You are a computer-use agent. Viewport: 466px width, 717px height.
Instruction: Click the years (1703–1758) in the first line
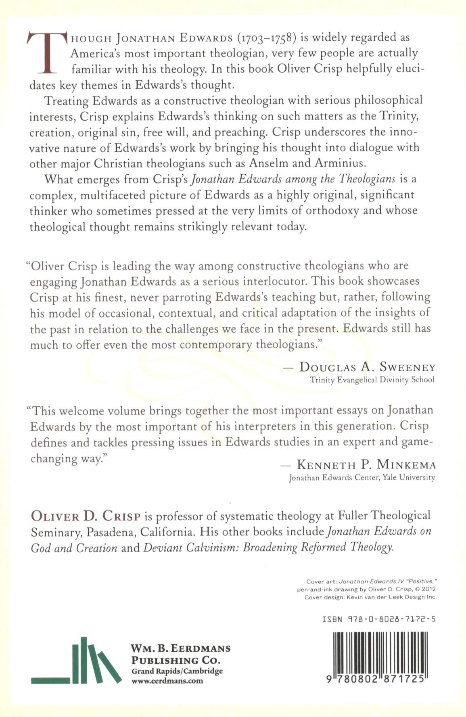[266, 38]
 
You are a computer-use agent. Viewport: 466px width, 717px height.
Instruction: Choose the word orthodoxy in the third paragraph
[332, 211]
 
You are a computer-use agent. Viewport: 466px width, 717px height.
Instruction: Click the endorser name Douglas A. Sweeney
[367, 367]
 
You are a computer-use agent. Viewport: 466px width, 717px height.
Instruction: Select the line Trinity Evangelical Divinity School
[372, 380]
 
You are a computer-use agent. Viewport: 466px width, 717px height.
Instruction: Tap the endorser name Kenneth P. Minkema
[366, 465]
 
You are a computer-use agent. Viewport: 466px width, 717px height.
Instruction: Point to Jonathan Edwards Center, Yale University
[362, 478]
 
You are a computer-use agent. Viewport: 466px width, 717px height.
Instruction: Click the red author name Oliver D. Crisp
[86, 516]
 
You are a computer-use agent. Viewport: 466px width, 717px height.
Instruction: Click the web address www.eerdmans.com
[167, 681]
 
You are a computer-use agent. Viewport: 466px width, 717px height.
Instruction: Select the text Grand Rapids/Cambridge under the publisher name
[177, 671]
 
